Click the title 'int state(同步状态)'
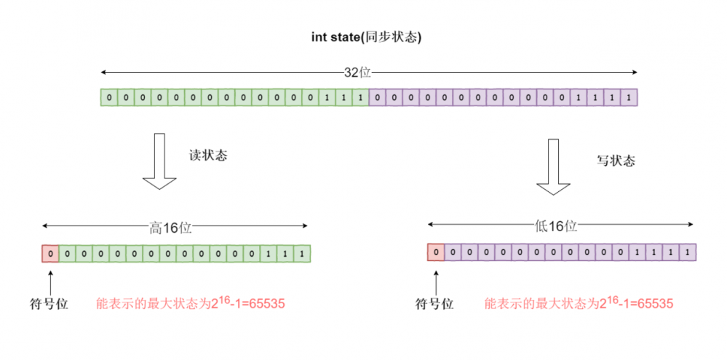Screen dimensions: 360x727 click(367, 38)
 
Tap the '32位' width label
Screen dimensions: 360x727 click(357, 73)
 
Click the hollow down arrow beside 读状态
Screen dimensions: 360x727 click(159, 161)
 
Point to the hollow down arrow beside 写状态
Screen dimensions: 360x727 click(554, 168)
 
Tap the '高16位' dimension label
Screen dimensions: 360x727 click(171, 227)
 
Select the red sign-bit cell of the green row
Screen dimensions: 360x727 click(50, 254)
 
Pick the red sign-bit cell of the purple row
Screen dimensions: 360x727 click(436, 252)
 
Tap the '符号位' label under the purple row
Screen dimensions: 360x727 click(434, 304)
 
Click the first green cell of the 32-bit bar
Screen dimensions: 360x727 click(108, 97)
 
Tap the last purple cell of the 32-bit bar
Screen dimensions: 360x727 click(629, 97)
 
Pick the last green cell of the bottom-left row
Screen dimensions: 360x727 click(302, 254)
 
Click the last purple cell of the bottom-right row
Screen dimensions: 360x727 click(688, 252)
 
